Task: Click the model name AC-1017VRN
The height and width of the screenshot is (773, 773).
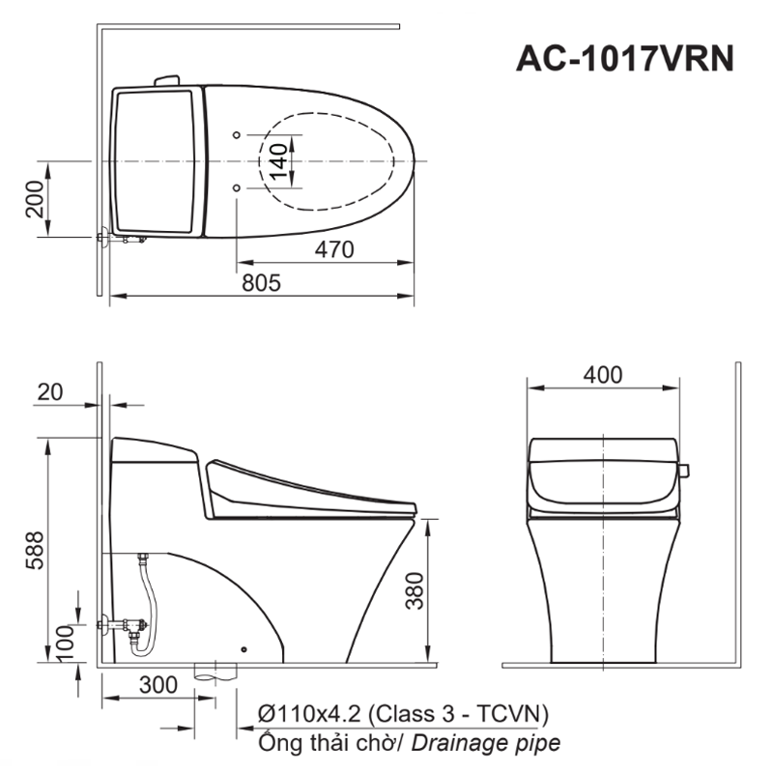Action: (x=624, y=59)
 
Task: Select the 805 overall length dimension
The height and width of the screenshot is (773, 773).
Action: (x=261, y=283)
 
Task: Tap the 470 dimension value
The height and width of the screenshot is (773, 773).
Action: (x=334, y=249)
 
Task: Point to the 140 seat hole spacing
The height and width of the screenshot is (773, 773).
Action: (x=278, y=161)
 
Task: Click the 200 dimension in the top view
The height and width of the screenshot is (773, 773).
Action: (x=35, y=199)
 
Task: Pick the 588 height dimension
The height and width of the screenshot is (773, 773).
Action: (x=35, y=550)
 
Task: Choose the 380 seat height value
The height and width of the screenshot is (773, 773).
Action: (x=415, y=590)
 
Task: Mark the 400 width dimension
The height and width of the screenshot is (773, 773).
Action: (x=602, y=375)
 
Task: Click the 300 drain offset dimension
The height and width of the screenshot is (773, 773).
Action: (x=158, y=685)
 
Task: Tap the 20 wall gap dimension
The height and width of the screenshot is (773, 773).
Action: (x=50, y=392)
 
